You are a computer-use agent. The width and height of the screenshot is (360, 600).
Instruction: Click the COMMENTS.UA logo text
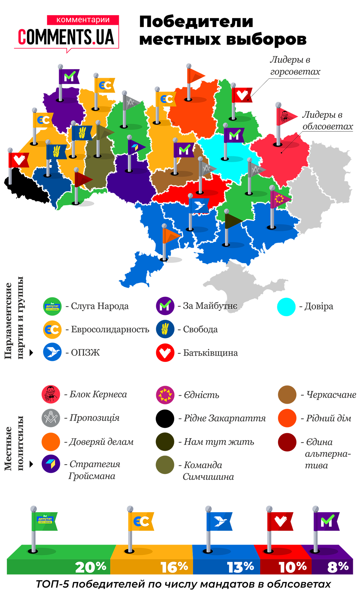(66, 37)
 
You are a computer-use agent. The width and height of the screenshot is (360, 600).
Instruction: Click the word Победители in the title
(196, 22)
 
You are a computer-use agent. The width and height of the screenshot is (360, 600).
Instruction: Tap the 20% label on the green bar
(91, 567)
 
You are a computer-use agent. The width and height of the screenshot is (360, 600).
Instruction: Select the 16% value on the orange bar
(174, 567)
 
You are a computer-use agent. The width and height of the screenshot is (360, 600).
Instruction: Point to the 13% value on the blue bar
(240, 567)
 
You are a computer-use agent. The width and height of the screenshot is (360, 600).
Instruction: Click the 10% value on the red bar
(292, 567)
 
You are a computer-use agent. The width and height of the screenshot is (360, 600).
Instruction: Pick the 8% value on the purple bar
(338, 567)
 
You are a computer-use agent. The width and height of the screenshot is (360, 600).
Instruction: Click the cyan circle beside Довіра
(286, 307)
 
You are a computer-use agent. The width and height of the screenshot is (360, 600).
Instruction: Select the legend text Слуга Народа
(100, 306)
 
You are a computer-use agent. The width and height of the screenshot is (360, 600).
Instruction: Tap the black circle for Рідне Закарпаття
(165, 418)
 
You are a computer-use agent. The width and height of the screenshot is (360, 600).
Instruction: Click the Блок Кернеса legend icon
(51, 394)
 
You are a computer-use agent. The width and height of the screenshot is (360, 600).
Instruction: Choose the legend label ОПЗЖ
(85, 353)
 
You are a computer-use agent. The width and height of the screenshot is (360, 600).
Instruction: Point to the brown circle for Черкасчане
(287, 395)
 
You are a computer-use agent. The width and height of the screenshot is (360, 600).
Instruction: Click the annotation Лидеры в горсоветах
(295, 66)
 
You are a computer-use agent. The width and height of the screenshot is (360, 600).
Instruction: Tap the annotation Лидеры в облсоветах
(327, 120)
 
